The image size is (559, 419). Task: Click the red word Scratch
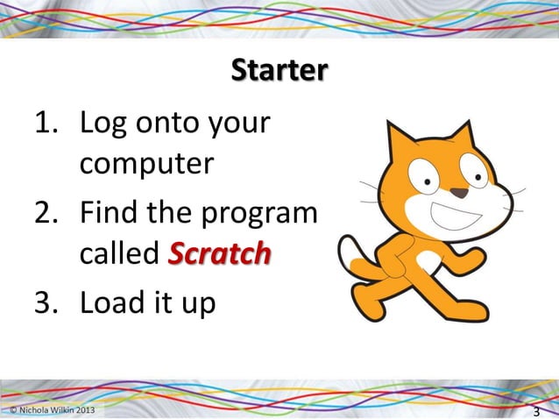pos(218,255)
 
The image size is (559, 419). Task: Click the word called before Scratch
pos(118,255)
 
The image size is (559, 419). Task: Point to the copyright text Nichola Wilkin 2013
pos(50,411)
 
